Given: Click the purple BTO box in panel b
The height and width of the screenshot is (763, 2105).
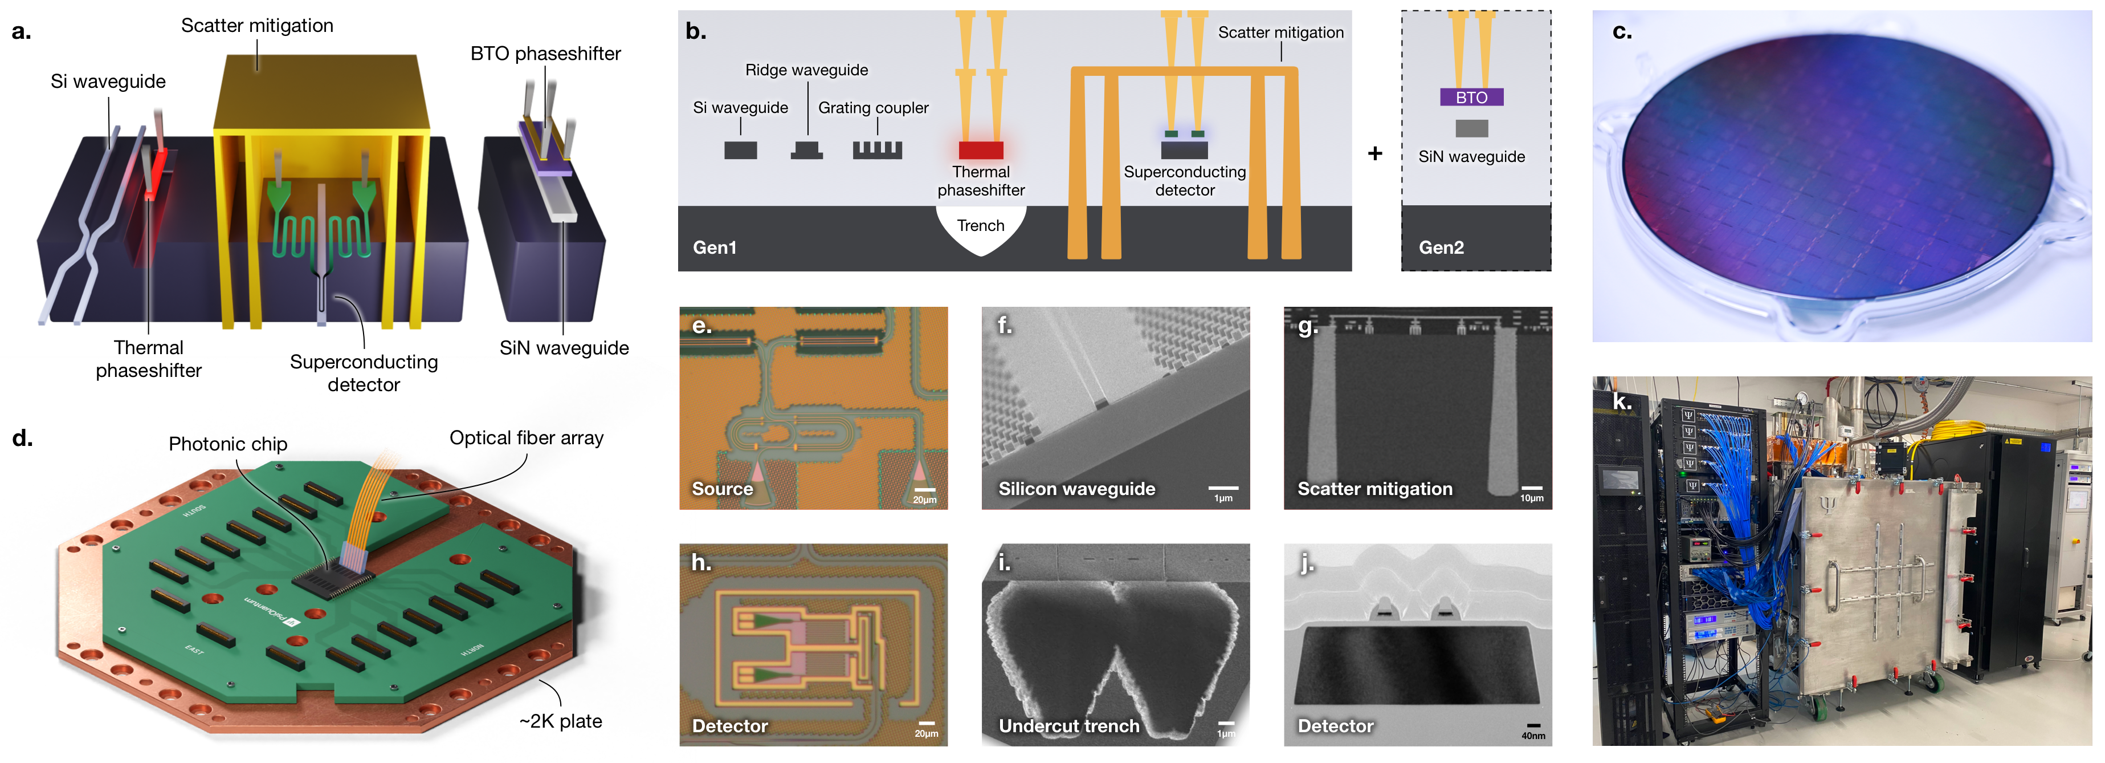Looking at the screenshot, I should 1471,98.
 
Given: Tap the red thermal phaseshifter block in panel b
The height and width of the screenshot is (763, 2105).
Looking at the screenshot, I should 981,151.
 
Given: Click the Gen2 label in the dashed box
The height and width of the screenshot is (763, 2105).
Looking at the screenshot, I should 1441,247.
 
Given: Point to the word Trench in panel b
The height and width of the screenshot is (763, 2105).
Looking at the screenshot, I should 981,226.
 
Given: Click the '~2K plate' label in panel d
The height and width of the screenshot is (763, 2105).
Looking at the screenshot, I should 561,721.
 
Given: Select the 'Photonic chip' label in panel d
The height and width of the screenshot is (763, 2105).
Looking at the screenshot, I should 228,444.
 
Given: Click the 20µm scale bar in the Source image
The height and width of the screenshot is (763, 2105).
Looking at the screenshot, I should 924,490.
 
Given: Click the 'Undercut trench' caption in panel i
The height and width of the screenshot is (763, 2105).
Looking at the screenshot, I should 1069,726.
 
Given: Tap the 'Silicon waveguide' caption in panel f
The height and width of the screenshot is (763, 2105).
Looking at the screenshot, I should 1076,489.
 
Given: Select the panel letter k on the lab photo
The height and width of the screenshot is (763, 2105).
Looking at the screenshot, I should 1621,401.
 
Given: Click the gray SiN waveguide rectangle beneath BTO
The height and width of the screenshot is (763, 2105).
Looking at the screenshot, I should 1471,128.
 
